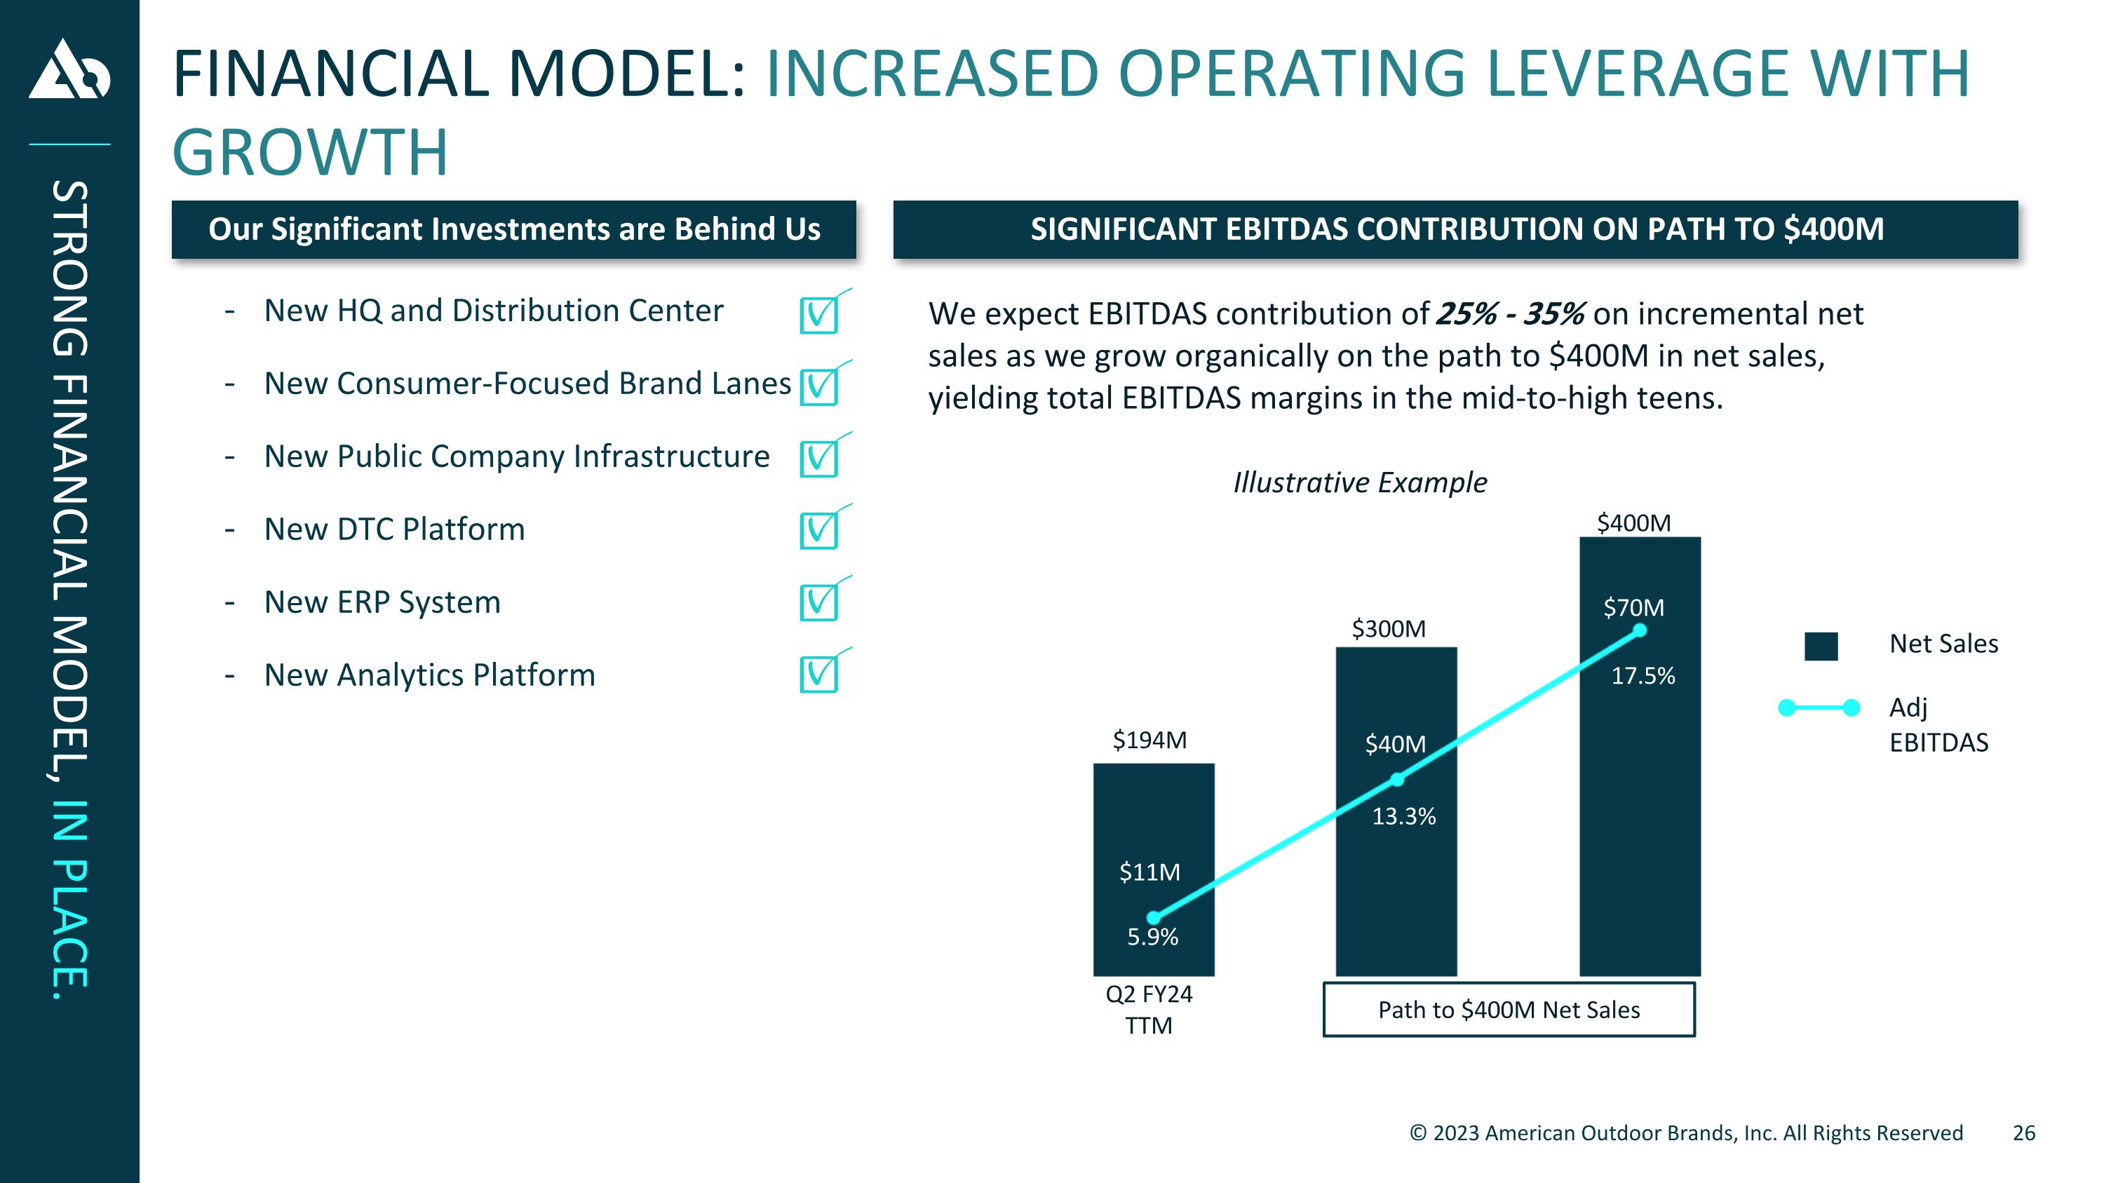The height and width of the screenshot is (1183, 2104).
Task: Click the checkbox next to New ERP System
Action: coord(819,602)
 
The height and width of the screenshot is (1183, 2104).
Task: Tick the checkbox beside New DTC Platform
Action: coord(819,531)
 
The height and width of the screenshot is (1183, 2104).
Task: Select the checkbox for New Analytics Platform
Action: coord(819,675)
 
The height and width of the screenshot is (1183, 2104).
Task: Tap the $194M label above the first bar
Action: coord(1149,740)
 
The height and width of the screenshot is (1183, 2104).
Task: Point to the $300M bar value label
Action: coord(1389,628)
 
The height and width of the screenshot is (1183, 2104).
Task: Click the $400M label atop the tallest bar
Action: coord(1633,522)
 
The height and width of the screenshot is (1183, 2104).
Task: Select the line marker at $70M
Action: coord(1639,630)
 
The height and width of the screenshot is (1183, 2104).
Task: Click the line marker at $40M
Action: coord(1398,780)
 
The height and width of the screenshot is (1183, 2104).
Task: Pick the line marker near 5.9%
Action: coord(1153,918)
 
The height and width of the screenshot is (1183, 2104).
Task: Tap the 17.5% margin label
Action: coord(1643,676)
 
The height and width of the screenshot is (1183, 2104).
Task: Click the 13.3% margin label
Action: coord(1403,816)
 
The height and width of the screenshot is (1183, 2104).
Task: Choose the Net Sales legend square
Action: coord(1821,646)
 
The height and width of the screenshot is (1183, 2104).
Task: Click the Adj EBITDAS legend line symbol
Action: coord(1819,708)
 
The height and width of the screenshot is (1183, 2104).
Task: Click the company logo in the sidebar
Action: coord(69,69)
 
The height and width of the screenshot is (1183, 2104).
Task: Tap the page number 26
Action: coord(2024,1133)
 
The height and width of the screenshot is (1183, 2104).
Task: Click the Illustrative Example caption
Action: coord(1360,482)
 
